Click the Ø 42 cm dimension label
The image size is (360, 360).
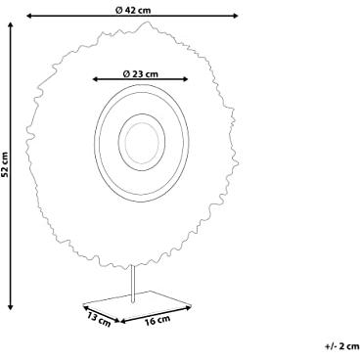(133, 10)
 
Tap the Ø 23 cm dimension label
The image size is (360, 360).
(141, 74)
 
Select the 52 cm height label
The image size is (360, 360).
(5, 164)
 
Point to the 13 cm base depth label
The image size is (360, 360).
(99, 319)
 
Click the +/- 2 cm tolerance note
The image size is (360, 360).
(341, 346)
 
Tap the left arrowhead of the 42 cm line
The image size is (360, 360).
(28, 16)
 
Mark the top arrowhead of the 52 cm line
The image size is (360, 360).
(11, 25)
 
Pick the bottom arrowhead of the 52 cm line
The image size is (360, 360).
(11, 307)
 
